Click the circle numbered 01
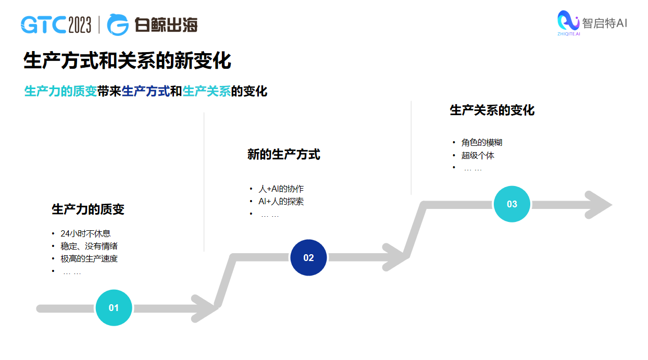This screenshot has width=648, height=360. (114, 307)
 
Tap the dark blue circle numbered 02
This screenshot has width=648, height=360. (308, 257)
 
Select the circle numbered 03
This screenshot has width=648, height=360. (512, 204)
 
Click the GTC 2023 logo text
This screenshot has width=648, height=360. (56, 24)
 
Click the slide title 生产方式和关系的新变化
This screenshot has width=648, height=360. (127, 61)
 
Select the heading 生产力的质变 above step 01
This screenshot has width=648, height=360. (88, 209)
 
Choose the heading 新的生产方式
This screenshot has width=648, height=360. (283, 154)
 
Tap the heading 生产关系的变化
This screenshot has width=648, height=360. (492, 110)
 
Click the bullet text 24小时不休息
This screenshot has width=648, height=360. (85, 233)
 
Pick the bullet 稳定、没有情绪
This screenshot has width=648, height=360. (89, 246)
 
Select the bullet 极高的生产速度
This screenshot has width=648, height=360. (89, 258)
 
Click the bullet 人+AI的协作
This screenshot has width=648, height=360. (281, 189)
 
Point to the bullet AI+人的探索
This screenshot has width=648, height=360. (281, 201)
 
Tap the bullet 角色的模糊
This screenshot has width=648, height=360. (481, 142)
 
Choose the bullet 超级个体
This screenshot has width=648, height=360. (477, 155)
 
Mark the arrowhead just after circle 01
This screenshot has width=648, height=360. (205, 308)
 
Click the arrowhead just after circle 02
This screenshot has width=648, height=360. (396, 256)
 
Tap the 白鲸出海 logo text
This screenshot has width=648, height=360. (166, 24)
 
